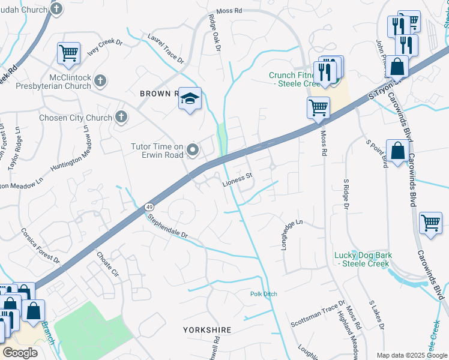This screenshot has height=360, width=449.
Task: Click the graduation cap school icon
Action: [189, 99]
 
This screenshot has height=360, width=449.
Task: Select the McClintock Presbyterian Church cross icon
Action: [100, 80]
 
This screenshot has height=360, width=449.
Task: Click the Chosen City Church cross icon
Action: [121, 117]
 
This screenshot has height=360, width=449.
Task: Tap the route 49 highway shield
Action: [149, 207]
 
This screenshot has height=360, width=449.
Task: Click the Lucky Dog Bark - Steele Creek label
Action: [363, 259]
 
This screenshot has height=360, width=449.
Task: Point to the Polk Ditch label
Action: [264, 294]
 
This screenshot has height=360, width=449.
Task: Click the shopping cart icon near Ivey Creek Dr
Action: [68, 53]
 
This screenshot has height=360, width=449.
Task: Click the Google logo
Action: [20, 353]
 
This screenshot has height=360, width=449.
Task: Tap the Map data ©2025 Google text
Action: [411, 355]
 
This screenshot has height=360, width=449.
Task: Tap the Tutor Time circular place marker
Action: [193, 149]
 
